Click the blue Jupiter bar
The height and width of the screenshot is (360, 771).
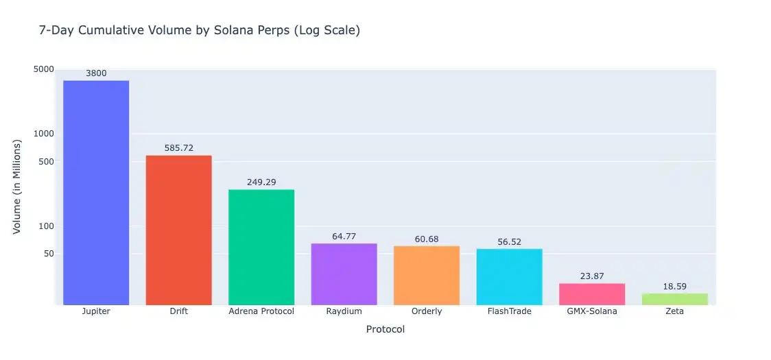tap(96, 193)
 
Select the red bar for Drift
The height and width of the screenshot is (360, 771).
tap(178, 230)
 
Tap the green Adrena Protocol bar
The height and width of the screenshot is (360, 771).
tap(261, 247)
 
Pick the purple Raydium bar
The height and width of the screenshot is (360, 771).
tap(344, 274)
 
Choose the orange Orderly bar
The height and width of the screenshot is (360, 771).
tap(427, 275)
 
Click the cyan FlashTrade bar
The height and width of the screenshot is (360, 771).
tap(509, 276)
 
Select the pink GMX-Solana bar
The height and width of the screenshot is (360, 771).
tap(592, 293)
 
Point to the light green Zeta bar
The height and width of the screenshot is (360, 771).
tap(674, 299)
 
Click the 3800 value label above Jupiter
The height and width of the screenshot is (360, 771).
tap(96, 73)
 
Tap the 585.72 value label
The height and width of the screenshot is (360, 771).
tap(178, 148)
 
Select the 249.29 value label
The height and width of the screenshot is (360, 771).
tap(261, 182)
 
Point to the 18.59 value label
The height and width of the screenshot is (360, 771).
tap(674, 286)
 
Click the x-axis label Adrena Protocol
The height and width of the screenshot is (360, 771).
tap(261, 311)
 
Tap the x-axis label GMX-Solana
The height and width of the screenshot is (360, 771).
tap(592, 311)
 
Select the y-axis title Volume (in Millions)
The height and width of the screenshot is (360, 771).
tap(18, 187)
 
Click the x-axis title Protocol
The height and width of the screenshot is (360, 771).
tap(385, 330)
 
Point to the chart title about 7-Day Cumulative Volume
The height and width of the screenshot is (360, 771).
tap(200, 31)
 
